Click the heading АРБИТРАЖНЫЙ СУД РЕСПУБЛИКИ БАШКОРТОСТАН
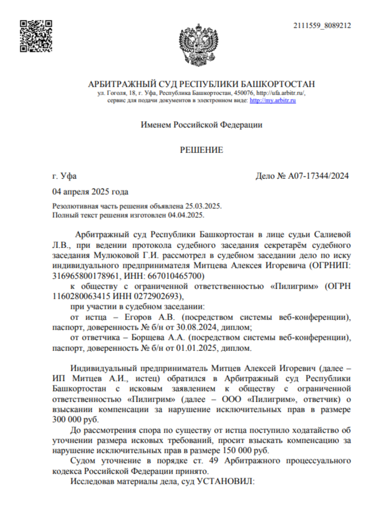(201, 84)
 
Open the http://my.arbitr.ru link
(273, 100)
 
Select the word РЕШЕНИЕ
(201, 150)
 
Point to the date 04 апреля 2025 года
(90, 192)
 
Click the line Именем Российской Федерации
(201, 125)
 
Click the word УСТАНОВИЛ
(226, 481)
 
